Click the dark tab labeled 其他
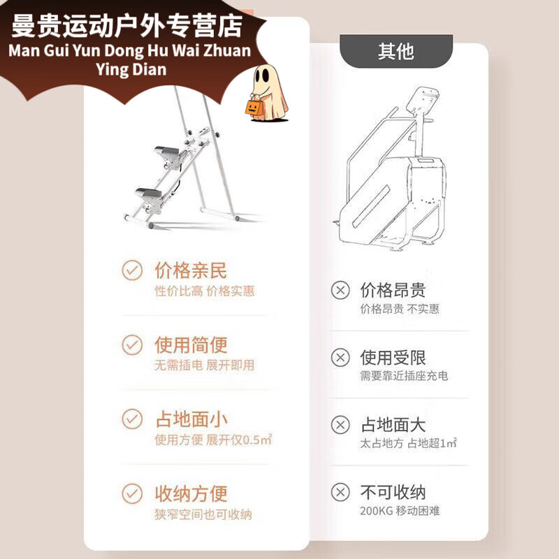(395, 51)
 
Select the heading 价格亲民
(191, 270)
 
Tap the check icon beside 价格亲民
(132, 270)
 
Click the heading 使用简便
(191, 344)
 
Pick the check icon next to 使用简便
(132, 344)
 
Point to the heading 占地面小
(191, 419)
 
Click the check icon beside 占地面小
(132, 419)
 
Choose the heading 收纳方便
(191, 493)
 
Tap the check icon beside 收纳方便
(132, 493)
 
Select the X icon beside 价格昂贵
(340, 290)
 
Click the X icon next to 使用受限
(340, 358)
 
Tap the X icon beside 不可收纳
(340, 492)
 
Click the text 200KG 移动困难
(400, 511)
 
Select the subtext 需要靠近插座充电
(404, 376)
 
